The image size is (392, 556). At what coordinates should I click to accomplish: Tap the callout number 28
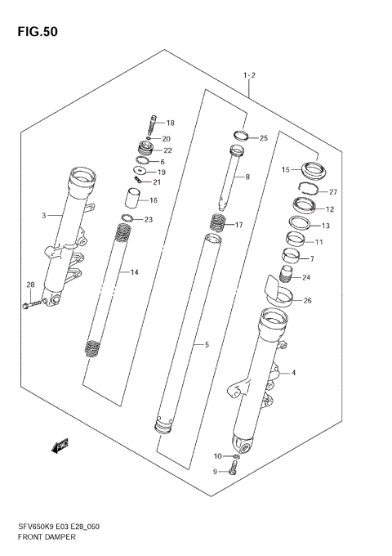30,285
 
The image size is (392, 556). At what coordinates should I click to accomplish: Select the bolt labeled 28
30,306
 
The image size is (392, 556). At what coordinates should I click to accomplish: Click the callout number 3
43,216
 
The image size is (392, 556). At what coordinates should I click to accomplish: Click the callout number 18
171,123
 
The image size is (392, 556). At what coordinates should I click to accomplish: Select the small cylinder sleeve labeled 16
132,199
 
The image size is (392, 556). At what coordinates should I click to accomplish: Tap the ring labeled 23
127,218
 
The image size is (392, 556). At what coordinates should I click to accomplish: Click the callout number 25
263,138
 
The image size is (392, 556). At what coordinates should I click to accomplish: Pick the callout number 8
247,176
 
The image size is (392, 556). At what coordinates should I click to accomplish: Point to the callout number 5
207,344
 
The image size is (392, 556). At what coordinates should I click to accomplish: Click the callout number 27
332,192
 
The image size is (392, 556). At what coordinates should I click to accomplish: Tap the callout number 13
326,226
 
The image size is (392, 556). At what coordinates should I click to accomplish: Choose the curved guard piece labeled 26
278,292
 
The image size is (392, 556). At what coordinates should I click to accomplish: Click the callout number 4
293,373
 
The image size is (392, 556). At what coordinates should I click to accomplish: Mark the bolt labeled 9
234,469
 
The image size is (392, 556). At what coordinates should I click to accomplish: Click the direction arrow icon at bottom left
60,446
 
